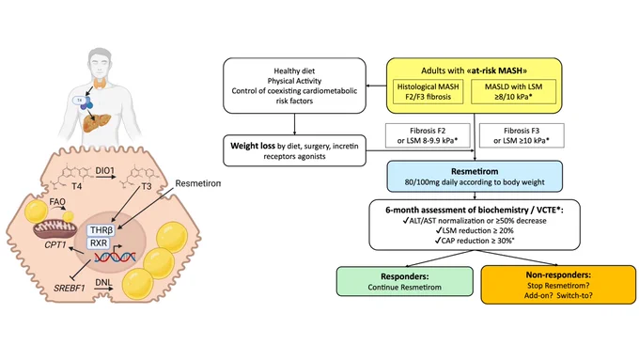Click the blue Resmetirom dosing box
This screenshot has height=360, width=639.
pos(475,176)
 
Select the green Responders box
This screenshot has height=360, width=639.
pos(405,281)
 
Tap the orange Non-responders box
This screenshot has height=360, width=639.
pos(558,285)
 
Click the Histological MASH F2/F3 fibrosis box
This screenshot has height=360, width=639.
pos(428,92)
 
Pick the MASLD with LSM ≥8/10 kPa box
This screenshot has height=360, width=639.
pos(513,92)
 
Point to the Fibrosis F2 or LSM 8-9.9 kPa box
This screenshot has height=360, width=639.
pos(428,135)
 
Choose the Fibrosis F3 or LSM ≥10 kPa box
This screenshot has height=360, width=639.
pos(522,135)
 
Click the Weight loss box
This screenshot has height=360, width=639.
pos(294,150)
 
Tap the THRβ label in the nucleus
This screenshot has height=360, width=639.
pos(101,230)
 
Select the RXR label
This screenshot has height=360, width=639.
pos(99,243)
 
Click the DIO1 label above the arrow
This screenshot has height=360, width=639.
pos(104,171)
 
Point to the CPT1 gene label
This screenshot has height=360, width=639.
pos(55,245)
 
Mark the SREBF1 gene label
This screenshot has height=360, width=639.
pos(70,289)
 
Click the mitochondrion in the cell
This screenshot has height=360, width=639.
pos(55,229)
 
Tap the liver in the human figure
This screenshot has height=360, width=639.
pos(97,122)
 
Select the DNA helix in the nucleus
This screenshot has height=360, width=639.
pos(115,257)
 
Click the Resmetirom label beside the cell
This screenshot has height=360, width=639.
pos(198,183)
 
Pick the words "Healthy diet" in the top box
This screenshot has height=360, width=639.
pos(294,70)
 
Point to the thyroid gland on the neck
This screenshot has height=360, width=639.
pos(100,84)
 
